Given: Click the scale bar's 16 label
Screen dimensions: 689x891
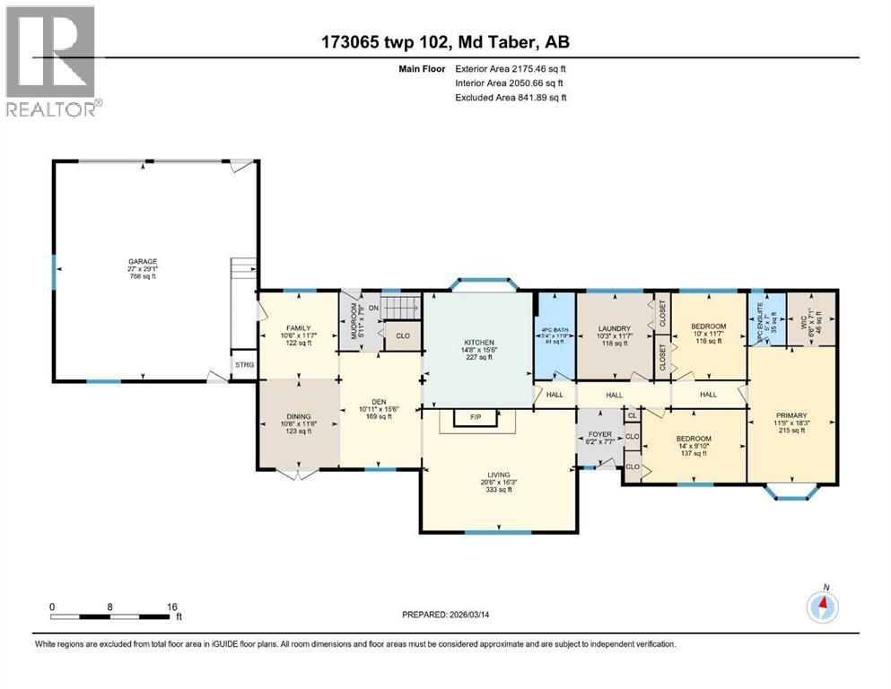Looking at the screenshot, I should pyautogui.click(x=172, y=606).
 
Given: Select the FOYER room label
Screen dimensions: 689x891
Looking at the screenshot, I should pyautogui.click(x=599, y=434).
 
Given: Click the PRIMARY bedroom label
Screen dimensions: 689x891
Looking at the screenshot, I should pyautogui.click(x=791, y=416).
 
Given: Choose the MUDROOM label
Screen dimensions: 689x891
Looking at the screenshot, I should pyautogui.click(x=353, y=317).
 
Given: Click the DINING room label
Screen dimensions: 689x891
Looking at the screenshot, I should pyautogui.click(x=297, y=416).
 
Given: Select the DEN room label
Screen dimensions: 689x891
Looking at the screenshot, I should pyautogui.click(x=379, y=402).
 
